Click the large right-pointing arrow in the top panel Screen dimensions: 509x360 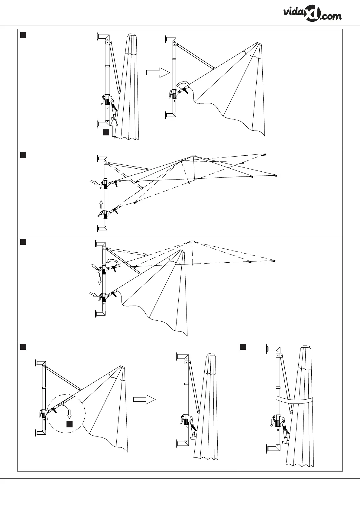pos(158,73)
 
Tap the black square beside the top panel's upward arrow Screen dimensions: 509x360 pos(106,132)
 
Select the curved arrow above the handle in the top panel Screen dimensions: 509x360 pos(183,83)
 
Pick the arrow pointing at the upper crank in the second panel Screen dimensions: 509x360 pos(95,182)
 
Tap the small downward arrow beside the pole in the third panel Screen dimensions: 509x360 pos(99,280)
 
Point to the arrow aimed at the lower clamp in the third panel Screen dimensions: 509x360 pos(94,294)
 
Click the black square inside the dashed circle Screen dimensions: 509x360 pos(70,424)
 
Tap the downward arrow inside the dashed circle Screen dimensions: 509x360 pos(70,412)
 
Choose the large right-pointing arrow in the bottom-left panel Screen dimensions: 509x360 pos(144,399)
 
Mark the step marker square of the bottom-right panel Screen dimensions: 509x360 pos(243,347)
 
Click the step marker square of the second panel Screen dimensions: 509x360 pos(23,155)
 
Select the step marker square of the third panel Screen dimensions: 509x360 pos(23,242)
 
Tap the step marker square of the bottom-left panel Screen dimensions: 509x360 pos(23,347)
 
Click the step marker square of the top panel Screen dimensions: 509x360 pos(23,35)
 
